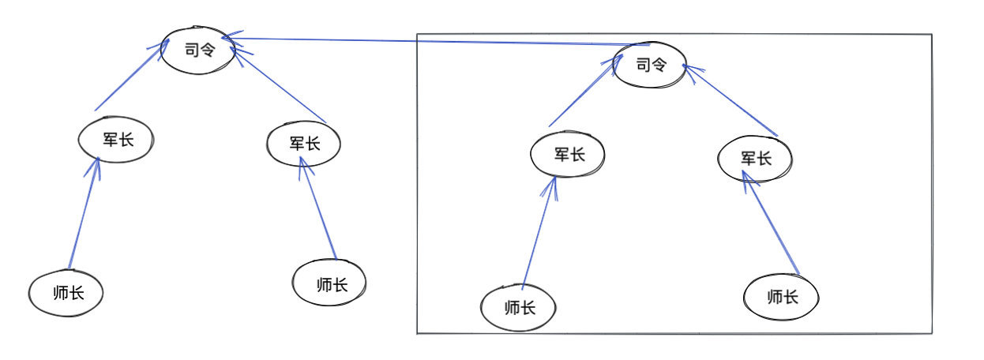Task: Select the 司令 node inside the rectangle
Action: [649, 65]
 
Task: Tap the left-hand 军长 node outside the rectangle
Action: [115, 141]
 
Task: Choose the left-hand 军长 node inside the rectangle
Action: [568, 154]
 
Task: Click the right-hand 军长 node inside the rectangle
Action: [755, 159]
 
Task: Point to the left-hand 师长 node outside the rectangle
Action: [66, 294]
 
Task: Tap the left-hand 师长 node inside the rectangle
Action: [518, 307]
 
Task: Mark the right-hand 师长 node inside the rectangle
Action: [781, 298]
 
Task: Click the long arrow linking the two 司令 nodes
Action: [434, 41]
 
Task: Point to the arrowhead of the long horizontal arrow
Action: [227, 38]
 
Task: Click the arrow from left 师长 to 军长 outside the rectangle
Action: [84, 213]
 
